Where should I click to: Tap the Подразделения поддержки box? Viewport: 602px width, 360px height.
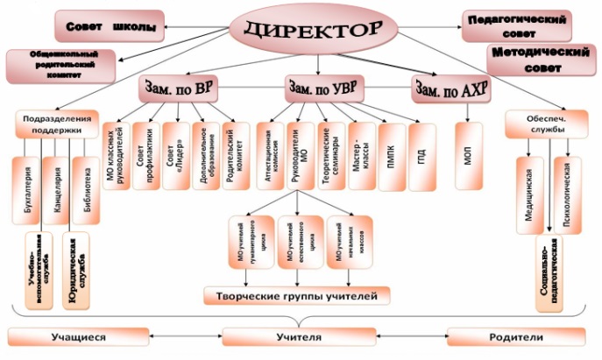pyautogui.click(x=55, y=124)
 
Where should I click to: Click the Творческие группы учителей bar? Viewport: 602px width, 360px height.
pyautogui.click(x=298, y=296)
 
